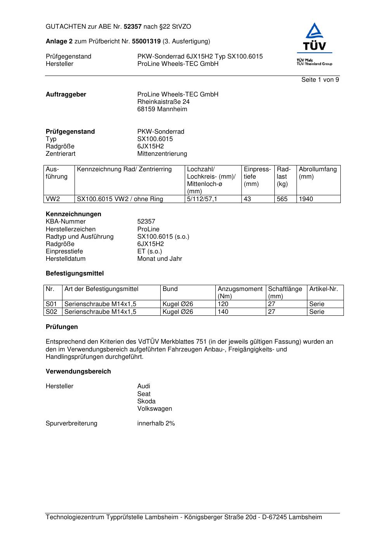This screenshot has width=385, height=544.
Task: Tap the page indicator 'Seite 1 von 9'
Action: point(320,80)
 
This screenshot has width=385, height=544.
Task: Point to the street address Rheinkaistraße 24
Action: point(163,102)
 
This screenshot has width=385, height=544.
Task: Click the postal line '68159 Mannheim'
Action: point(162,109)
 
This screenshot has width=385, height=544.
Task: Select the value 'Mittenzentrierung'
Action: point(162,154)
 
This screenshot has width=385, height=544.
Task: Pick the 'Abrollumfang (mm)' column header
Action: point(317,173)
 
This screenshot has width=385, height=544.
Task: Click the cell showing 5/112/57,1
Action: point(202,199)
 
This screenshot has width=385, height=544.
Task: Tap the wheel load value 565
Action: point(282,199)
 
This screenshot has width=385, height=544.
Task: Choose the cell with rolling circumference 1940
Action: point(306,199)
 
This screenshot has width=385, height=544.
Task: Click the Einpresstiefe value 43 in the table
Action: point(247,199)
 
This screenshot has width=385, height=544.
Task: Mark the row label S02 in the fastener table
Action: point(51,312)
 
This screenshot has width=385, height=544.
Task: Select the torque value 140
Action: point(223,312)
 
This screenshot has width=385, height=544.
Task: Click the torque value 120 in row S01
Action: point(223,304)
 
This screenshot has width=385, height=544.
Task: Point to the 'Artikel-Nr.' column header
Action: point(323,289)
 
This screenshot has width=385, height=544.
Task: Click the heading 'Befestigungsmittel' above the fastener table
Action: point(75,274)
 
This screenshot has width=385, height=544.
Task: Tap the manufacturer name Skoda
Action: point(146,401)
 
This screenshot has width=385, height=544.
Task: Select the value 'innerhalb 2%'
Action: point(156,423)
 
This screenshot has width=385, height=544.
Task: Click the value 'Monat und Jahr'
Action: point(160,259)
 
